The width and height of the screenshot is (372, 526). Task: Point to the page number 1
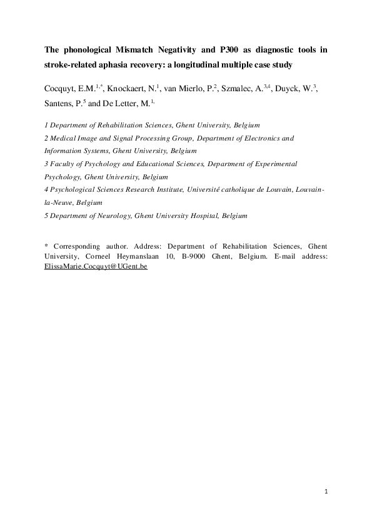326,492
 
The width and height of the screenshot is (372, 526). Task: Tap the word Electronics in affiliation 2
260,137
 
